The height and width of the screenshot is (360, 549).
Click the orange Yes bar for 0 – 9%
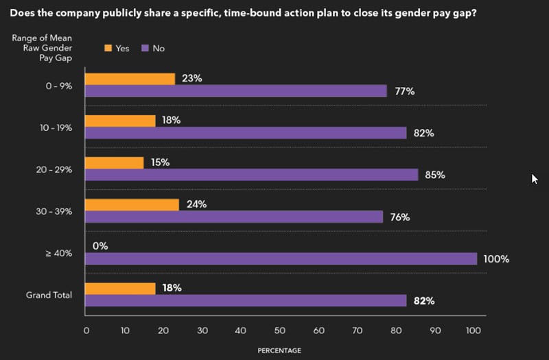[130, 79]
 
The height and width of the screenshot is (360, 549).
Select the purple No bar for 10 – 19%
[246, 133]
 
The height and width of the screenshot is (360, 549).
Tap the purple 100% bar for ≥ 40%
[281, 259]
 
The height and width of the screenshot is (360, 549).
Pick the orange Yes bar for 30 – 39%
[132, 204]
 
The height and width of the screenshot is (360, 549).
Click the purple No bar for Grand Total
[246, 300]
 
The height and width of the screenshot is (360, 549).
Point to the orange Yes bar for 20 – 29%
[115, 163]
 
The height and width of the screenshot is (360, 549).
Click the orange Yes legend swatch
[108, 48]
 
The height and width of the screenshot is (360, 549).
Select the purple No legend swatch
[145, 48]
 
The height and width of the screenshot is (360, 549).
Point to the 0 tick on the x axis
[86, 331]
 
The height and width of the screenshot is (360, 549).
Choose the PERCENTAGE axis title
[279, 350]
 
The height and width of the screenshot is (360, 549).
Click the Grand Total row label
[49, 296]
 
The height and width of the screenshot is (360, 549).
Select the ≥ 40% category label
[60, 254]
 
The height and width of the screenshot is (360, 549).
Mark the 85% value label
[435, 175]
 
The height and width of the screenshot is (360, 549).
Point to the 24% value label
[196, 204]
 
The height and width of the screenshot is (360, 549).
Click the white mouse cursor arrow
[535, 179]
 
